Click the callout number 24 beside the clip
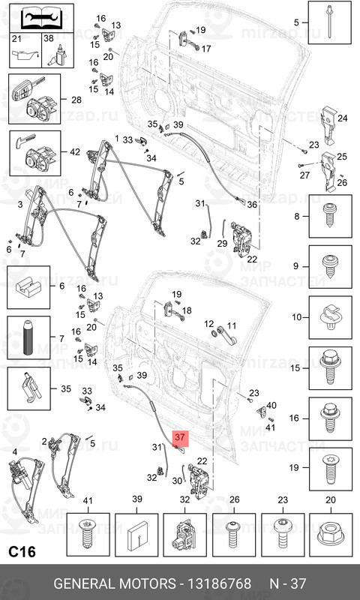tap(343, 118)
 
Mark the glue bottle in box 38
tap(58, 55)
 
